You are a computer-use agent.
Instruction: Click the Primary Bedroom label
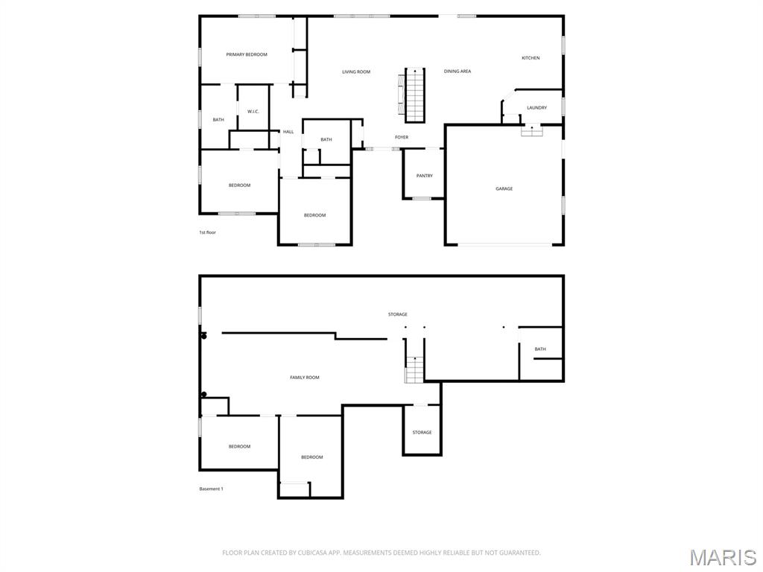click(247, 54)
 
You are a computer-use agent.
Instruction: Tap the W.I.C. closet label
click(253, 112)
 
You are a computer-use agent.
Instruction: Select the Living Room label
click(356, 72)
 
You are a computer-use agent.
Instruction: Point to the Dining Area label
click(458, 71)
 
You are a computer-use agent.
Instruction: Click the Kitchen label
click(531, 58)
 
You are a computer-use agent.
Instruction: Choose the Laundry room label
click(536, 108)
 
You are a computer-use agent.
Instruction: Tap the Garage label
click(504, 189)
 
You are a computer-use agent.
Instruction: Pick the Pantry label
click(425, 176)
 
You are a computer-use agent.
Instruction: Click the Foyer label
click(402, 138)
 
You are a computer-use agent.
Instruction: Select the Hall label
click(288, 132)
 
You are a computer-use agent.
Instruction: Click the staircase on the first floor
click(414, 95)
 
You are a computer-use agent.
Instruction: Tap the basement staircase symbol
click(414, 369)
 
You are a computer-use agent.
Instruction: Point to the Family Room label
click(305, 378)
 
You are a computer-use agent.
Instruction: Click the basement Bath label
click(540, 349)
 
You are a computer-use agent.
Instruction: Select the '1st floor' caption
click(207, 232)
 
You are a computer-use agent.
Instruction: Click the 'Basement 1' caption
click(211, 489)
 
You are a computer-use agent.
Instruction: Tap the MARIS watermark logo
click(722, 556)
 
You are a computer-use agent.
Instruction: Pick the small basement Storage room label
click(422, 433)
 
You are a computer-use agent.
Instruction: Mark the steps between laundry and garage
click(531, 130)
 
